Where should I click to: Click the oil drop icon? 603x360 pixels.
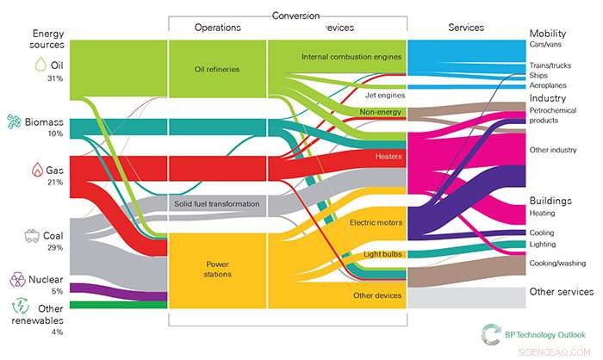point(40,65)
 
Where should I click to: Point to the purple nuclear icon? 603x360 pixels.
point(16,279)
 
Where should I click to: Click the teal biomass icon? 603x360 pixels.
point(14,122)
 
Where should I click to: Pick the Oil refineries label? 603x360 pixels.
point(216,70)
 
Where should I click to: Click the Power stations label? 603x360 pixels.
point(216,270)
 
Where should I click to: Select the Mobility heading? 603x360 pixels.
point(548,33)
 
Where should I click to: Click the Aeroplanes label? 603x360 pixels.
point(551,86)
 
